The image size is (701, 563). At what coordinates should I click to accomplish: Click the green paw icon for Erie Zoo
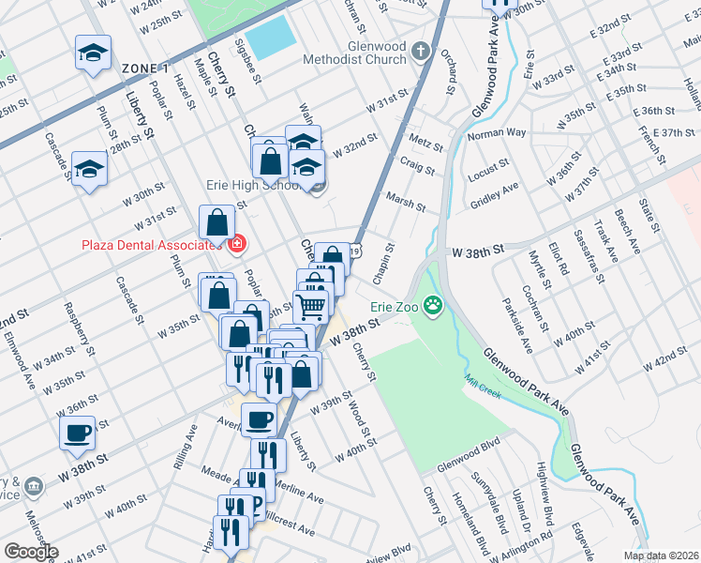432,305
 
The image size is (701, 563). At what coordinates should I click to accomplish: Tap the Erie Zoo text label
394,306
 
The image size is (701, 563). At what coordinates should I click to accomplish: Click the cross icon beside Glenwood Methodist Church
422,51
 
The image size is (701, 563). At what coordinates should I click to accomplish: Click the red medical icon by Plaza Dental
236,245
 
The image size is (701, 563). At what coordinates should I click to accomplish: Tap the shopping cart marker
311,305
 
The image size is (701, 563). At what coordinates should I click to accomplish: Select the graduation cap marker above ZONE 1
93,53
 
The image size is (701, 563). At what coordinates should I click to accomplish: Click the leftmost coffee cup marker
77,434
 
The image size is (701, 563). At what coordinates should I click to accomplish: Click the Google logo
31,551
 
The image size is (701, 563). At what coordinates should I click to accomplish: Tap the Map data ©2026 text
659,555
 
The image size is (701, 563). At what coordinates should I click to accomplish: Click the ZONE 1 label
145,68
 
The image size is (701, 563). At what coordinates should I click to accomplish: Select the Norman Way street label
497,133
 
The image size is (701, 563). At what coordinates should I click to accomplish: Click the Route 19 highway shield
357,251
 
